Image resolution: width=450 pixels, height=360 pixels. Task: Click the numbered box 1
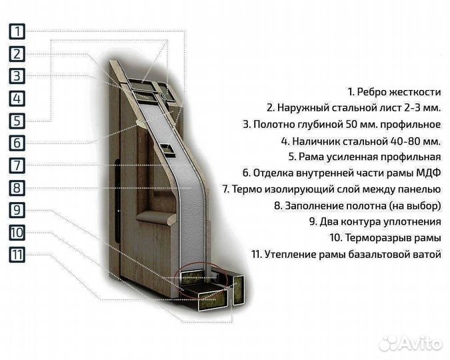pyautogui.click(x=17, y=31)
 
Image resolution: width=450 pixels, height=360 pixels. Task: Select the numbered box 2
pyautogui.click(x=17, y=54)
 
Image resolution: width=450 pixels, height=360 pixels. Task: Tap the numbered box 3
pyautogui.click(x=17, y=76)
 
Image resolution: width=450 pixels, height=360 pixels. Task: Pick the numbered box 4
pyautogui.click(x=17, y=99)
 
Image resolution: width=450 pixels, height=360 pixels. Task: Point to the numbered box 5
pyautogui.click(x=17, y=121)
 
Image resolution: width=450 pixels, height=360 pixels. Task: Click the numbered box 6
pyautogui.click(x=17, y=143)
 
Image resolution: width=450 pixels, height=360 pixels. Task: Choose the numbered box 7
pyautogui.click(x=17, y=165)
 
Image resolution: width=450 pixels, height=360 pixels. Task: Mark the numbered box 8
pyautogui.click(x=17, y=188)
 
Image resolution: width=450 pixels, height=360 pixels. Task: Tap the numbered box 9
pyautogui.click(x=17, y=210)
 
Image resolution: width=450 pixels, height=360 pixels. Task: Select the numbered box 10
pyautogui.click(x=17, y=233)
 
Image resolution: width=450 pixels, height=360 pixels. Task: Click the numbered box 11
pyautogui.click(x=17, y=255)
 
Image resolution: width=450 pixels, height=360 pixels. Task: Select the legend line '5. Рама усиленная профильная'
pyautogui.click(x=364, y=157)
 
